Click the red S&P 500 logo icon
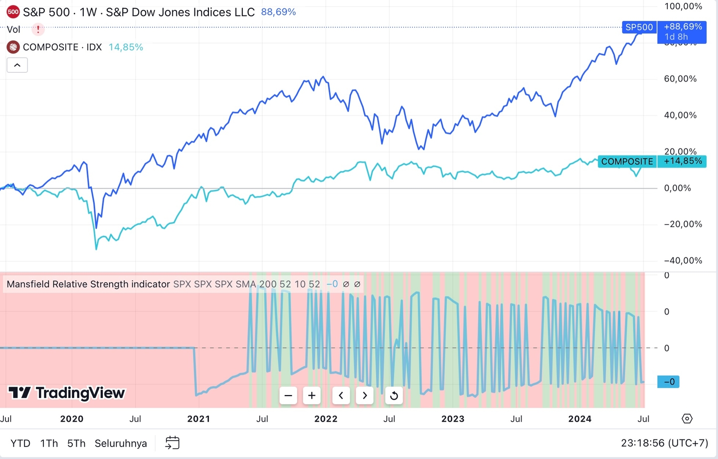pos(13,12)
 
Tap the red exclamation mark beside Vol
pos(38,29)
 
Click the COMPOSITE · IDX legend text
pos(62,47)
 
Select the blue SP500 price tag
pos(639,27)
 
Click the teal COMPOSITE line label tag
pos(627,162)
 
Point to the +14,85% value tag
pos(682,161)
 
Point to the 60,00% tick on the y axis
pos(680,79)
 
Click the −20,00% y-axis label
pos(683,224)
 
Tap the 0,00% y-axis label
pos(677,188)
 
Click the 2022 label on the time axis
pos(326,419)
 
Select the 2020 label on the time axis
pos(72,419)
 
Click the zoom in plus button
pos(312,396)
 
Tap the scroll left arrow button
pos(341,396)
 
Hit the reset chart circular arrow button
pos(394,396)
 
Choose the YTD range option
pos(20,443)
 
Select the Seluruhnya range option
pos(121,443)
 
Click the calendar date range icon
pos(172,443)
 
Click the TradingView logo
pos(67,393)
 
